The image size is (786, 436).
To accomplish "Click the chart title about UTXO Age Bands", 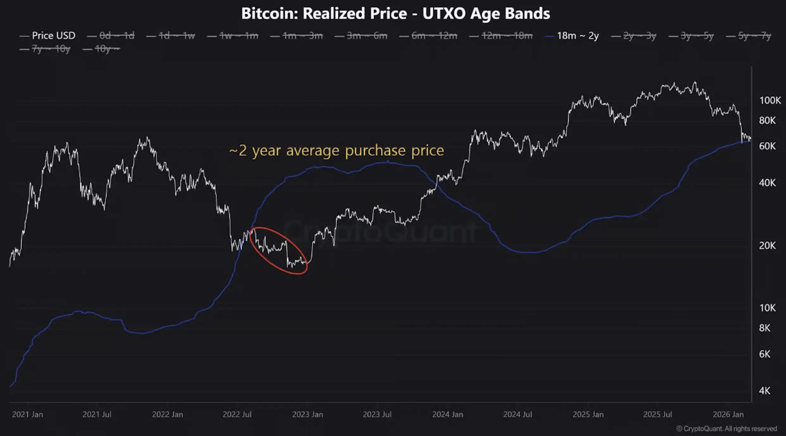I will click(396, 14).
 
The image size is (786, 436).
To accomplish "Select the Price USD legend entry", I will click(54, 35).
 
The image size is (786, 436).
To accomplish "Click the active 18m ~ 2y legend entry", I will click(577, 36).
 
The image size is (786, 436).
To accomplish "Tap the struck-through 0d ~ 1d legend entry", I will click(117, 35).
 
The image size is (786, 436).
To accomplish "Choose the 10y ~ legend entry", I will click(107, 49).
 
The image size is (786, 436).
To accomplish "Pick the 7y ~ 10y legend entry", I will click(51, 49).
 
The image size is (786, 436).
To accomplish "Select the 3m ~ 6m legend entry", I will click(367, 36).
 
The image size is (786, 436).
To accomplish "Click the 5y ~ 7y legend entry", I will click(754, 36).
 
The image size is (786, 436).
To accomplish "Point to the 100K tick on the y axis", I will click(770, 100).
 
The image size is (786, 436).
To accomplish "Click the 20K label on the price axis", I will click(767, 246).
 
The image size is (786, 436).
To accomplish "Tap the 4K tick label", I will click(764, 391).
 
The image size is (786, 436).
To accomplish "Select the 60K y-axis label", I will click(767, 146).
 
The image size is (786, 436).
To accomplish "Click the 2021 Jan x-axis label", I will click(28, 414).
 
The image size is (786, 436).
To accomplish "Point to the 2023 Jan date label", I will click(307, 414).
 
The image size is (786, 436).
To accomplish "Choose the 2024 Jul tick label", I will click(517, 414).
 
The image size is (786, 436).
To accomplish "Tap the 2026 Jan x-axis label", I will click(728, 414).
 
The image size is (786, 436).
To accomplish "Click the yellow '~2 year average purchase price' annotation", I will click(336, 151).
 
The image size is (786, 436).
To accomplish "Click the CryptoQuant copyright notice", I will click(726, 429).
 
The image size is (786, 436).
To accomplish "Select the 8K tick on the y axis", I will click(764, 328).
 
